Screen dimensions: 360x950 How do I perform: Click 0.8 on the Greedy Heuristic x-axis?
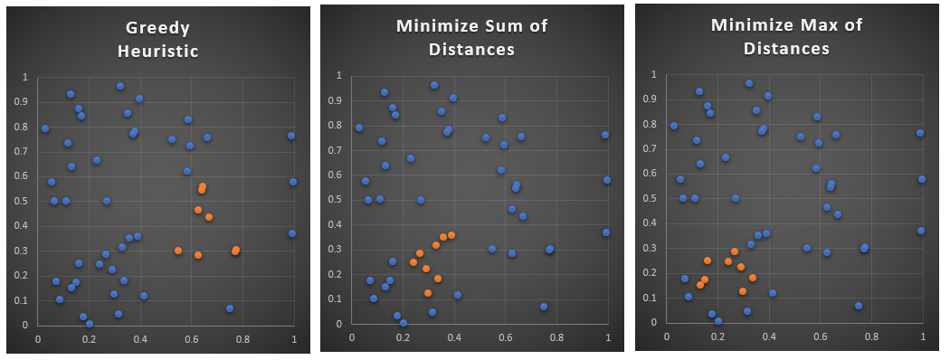242,340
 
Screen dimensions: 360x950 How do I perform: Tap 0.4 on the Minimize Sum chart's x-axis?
454,338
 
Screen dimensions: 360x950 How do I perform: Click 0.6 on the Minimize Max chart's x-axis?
821,336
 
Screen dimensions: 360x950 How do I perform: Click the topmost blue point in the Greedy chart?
120,86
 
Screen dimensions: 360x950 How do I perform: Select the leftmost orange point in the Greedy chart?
178,251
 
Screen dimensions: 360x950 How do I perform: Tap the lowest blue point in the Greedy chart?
90,324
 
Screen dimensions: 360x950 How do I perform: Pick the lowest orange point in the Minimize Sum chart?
428,293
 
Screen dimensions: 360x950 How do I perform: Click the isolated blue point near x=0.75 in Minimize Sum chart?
544,307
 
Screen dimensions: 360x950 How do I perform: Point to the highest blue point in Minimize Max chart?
749,83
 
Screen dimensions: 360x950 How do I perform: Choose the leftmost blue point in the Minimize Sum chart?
359,128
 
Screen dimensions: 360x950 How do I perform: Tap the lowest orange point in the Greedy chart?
198,255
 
